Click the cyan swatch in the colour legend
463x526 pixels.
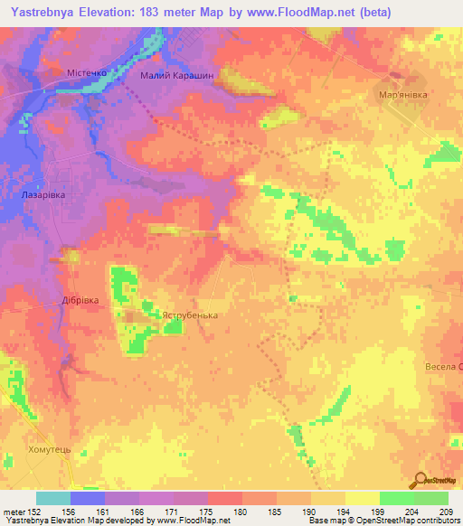[53, 498]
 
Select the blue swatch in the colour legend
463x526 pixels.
[88, 498]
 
